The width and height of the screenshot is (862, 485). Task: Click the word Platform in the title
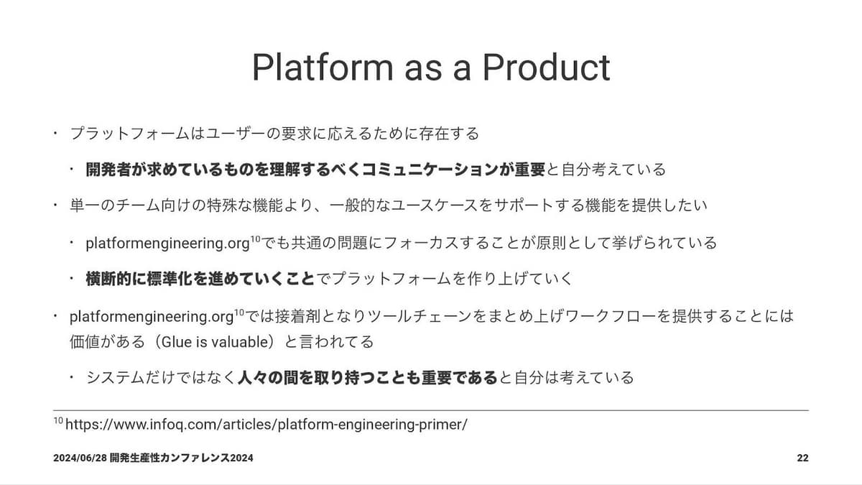[323, 67]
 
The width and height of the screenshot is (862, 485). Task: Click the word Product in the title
[547, 67]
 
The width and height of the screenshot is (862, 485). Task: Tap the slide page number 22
[803, 458]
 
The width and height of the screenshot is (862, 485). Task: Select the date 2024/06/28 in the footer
[80, 458]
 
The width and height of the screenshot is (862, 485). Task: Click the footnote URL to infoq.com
[267, 425]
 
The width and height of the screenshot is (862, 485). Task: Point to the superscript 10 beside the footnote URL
[58, 420]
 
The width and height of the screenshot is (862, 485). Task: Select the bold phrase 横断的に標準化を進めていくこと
[200, 279]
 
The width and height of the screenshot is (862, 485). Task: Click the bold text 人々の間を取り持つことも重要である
[368, 377]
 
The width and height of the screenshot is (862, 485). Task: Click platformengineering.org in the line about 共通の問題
[167, 244]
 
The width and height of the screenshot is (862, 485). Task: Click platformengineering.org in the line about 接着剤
[152, 317]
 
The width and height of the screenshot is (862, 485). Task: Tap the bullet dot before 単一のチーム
[56, 205]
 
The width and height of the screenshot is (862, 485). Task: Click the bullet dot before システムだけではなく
[72, 377]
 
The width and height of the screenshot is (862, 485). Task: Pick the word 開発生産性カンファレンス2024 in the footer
[181, 458]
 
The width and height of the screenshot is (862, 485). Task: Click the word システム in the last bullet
[116, 377]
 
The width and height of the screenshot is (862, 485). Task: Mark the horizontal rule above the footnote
[431, 410]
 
